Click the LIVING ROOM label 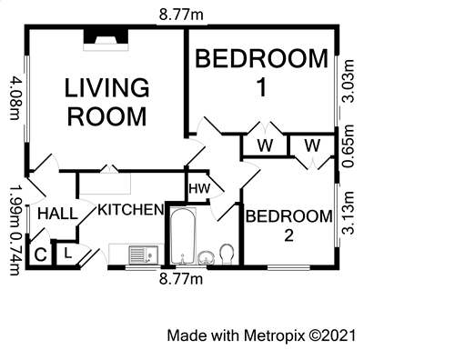click(107, 102)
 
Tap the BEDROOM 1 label click(261, 73)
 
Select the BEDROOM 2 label click(288, 225)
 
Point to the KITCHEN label click(131, 210)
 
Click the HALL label click(57, 214)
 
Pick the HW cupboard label click(199, 188)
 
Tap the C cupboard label click(40, 255)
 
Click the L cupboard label click(68, 253)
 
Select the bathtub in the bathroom click(182, 236)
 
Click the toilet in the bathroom click(227, 254)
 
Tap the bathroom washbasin click(206, 258)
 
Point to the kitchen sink click(144, 255)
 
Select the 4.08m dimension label click(15, 98)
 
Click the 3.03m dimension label click(348, 81)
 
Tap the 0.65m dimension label click(348, 146)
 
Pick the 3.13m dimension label click(348, 213)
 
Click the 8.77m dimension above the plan click(181, 15)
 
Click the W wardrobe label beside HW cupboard click(265, 145)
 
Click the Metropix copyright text click(261, 335)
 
